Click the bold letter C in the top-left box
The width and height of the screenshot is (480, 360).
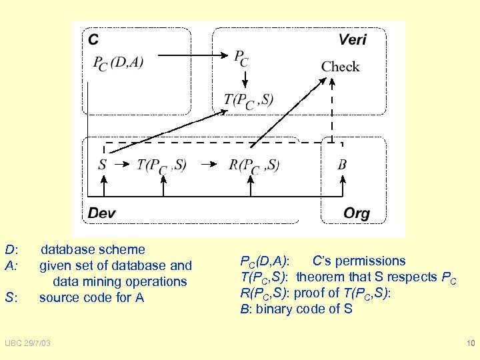coord(94,39)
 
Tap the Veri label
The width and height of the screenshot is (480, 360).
coord(352,39)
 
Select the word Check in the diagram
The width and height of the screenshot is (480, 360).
coord(340,67)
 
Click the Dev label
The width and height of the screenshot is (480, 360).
coord(102,213)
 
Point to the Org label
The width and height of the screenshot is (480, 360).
coord(356,213)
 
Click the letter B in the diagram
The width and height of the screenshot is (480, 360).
coord(342,165)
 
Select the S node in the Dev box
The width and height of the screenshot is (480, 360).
coord(103,165)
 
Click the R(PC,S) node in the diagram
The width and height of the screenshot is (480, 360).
coord(254,165)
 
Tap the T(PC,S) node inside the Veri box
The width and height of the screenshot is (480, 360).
coord(248,100)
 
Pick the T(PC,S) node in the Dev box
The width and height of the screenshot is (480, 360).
coord(161,165)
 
